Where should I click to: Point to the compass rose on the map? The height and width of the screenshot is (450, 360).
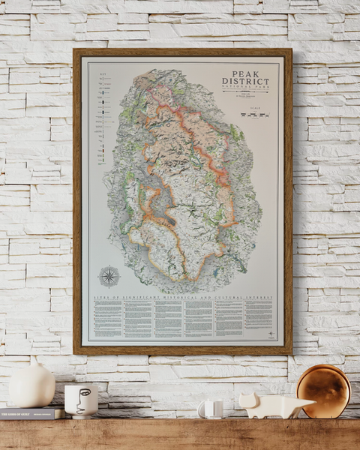pyautogui.click(x=109, y=276)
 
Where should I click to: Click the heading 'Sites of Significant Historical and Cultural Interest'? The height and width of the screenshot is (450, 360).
pyautogui.click(x=183, y=298)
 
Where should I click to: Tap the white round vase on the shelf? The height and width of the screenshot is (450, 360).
pyautogui.click(x=31, y=387)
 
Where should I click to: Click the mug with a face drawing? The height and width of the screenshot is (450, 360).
pyautogui.click(x=80, y=400)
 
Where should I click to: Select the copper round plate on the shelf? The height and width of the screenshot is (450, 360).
pyautogui.click(x=323, y=391)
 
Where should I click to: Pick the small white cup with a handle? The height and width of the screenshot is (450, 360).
pyautogui.click(x=209, y=409)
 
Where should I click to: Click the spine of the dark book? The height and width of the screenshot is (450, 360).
pyautogui.click(x=30, y=414)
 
